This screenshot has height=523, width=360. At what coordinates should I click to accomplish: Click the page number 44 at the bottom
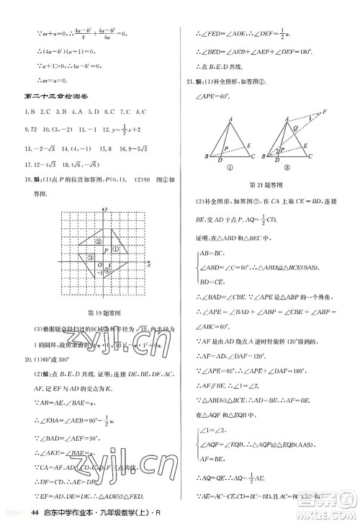(35, 512)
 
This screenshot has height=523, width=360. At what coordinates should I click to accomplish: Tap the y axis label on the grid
(107, 210)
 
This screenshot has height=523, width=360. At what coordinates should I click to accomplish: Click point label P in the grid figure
(105, 250)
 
